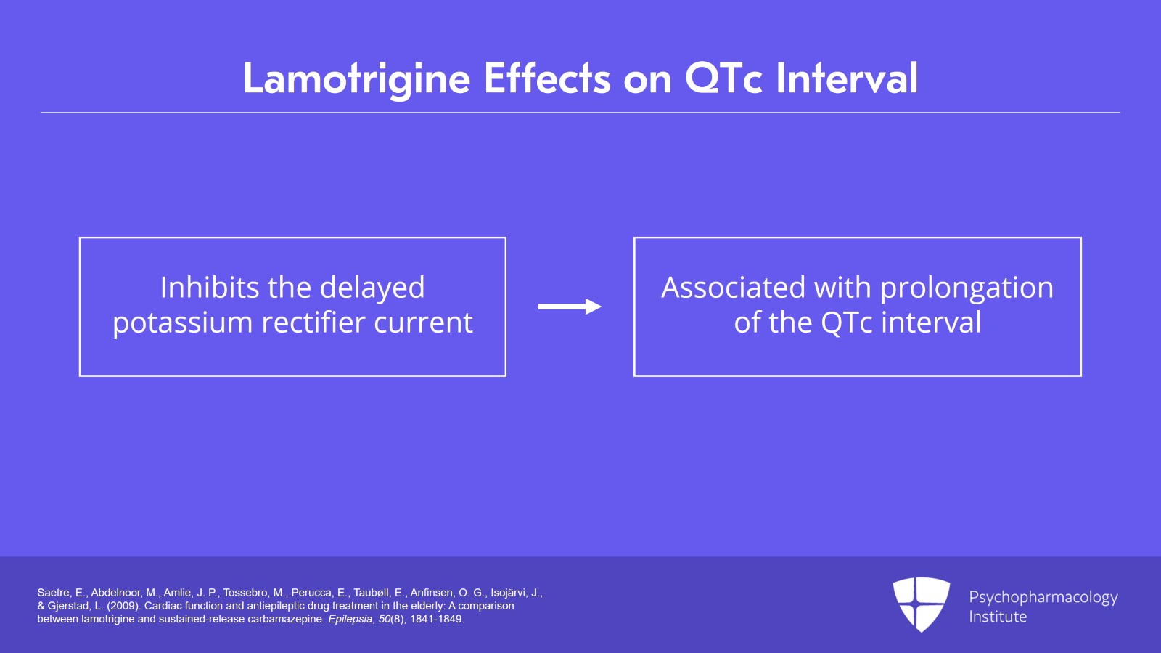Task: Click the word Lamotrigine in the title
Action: (356, 78)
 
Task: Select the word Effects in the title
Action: (546, 78)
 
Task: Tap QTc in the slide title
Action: (723, 78)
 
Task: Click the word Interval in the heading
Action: (847, 78)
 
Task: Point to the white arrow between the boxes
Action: (570, 307)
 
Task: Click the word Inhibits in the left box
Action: (209, 288)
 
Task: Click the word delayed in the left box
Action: (372, 288)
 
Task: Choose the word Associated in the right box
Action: (733, 288)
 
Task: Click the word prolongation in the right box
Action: (967, 288)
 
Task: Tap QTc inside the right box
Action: (847, 323)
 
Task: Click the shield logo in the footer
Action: (921, 604)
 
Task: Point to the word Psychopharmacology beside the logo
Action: (1043, 597)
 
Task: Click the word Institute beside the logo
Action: (998, 617)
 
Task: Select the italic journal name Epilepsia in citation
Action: (350, 619)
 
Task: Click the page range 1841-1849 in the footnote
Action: (435, 619)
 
